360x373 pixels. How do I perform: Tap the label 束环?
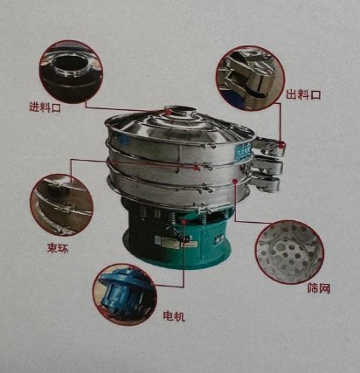point(58,247)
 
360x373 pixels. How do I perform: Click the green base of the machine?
point(175,236)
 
